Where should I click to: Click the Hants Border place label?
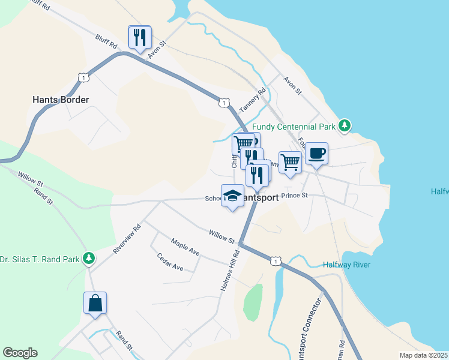pos(61,100)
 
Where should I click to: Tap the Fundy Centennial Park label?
pos(294,127)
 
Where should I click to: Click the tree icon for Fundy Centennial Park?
pos(345,126)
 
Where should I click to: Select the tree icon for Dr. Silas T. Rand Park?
pos(89,259)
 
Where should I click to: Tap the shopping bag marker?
pos(95,303)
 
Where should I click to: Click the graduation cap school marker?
pos(233,196)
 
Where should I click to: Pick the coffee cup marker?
pos(316,154)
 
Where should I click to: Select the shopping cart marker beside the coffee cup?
pos(291,162)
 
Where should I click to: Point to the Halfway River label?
pos(346,265)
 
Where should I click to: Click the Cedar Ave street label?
pos(170,262)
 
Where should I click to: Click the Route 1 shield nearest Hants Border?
pos(83,77)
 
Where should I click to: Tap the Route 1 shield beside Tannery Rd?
pos(223,103)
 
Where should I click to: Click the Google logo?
pos(20,353)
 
